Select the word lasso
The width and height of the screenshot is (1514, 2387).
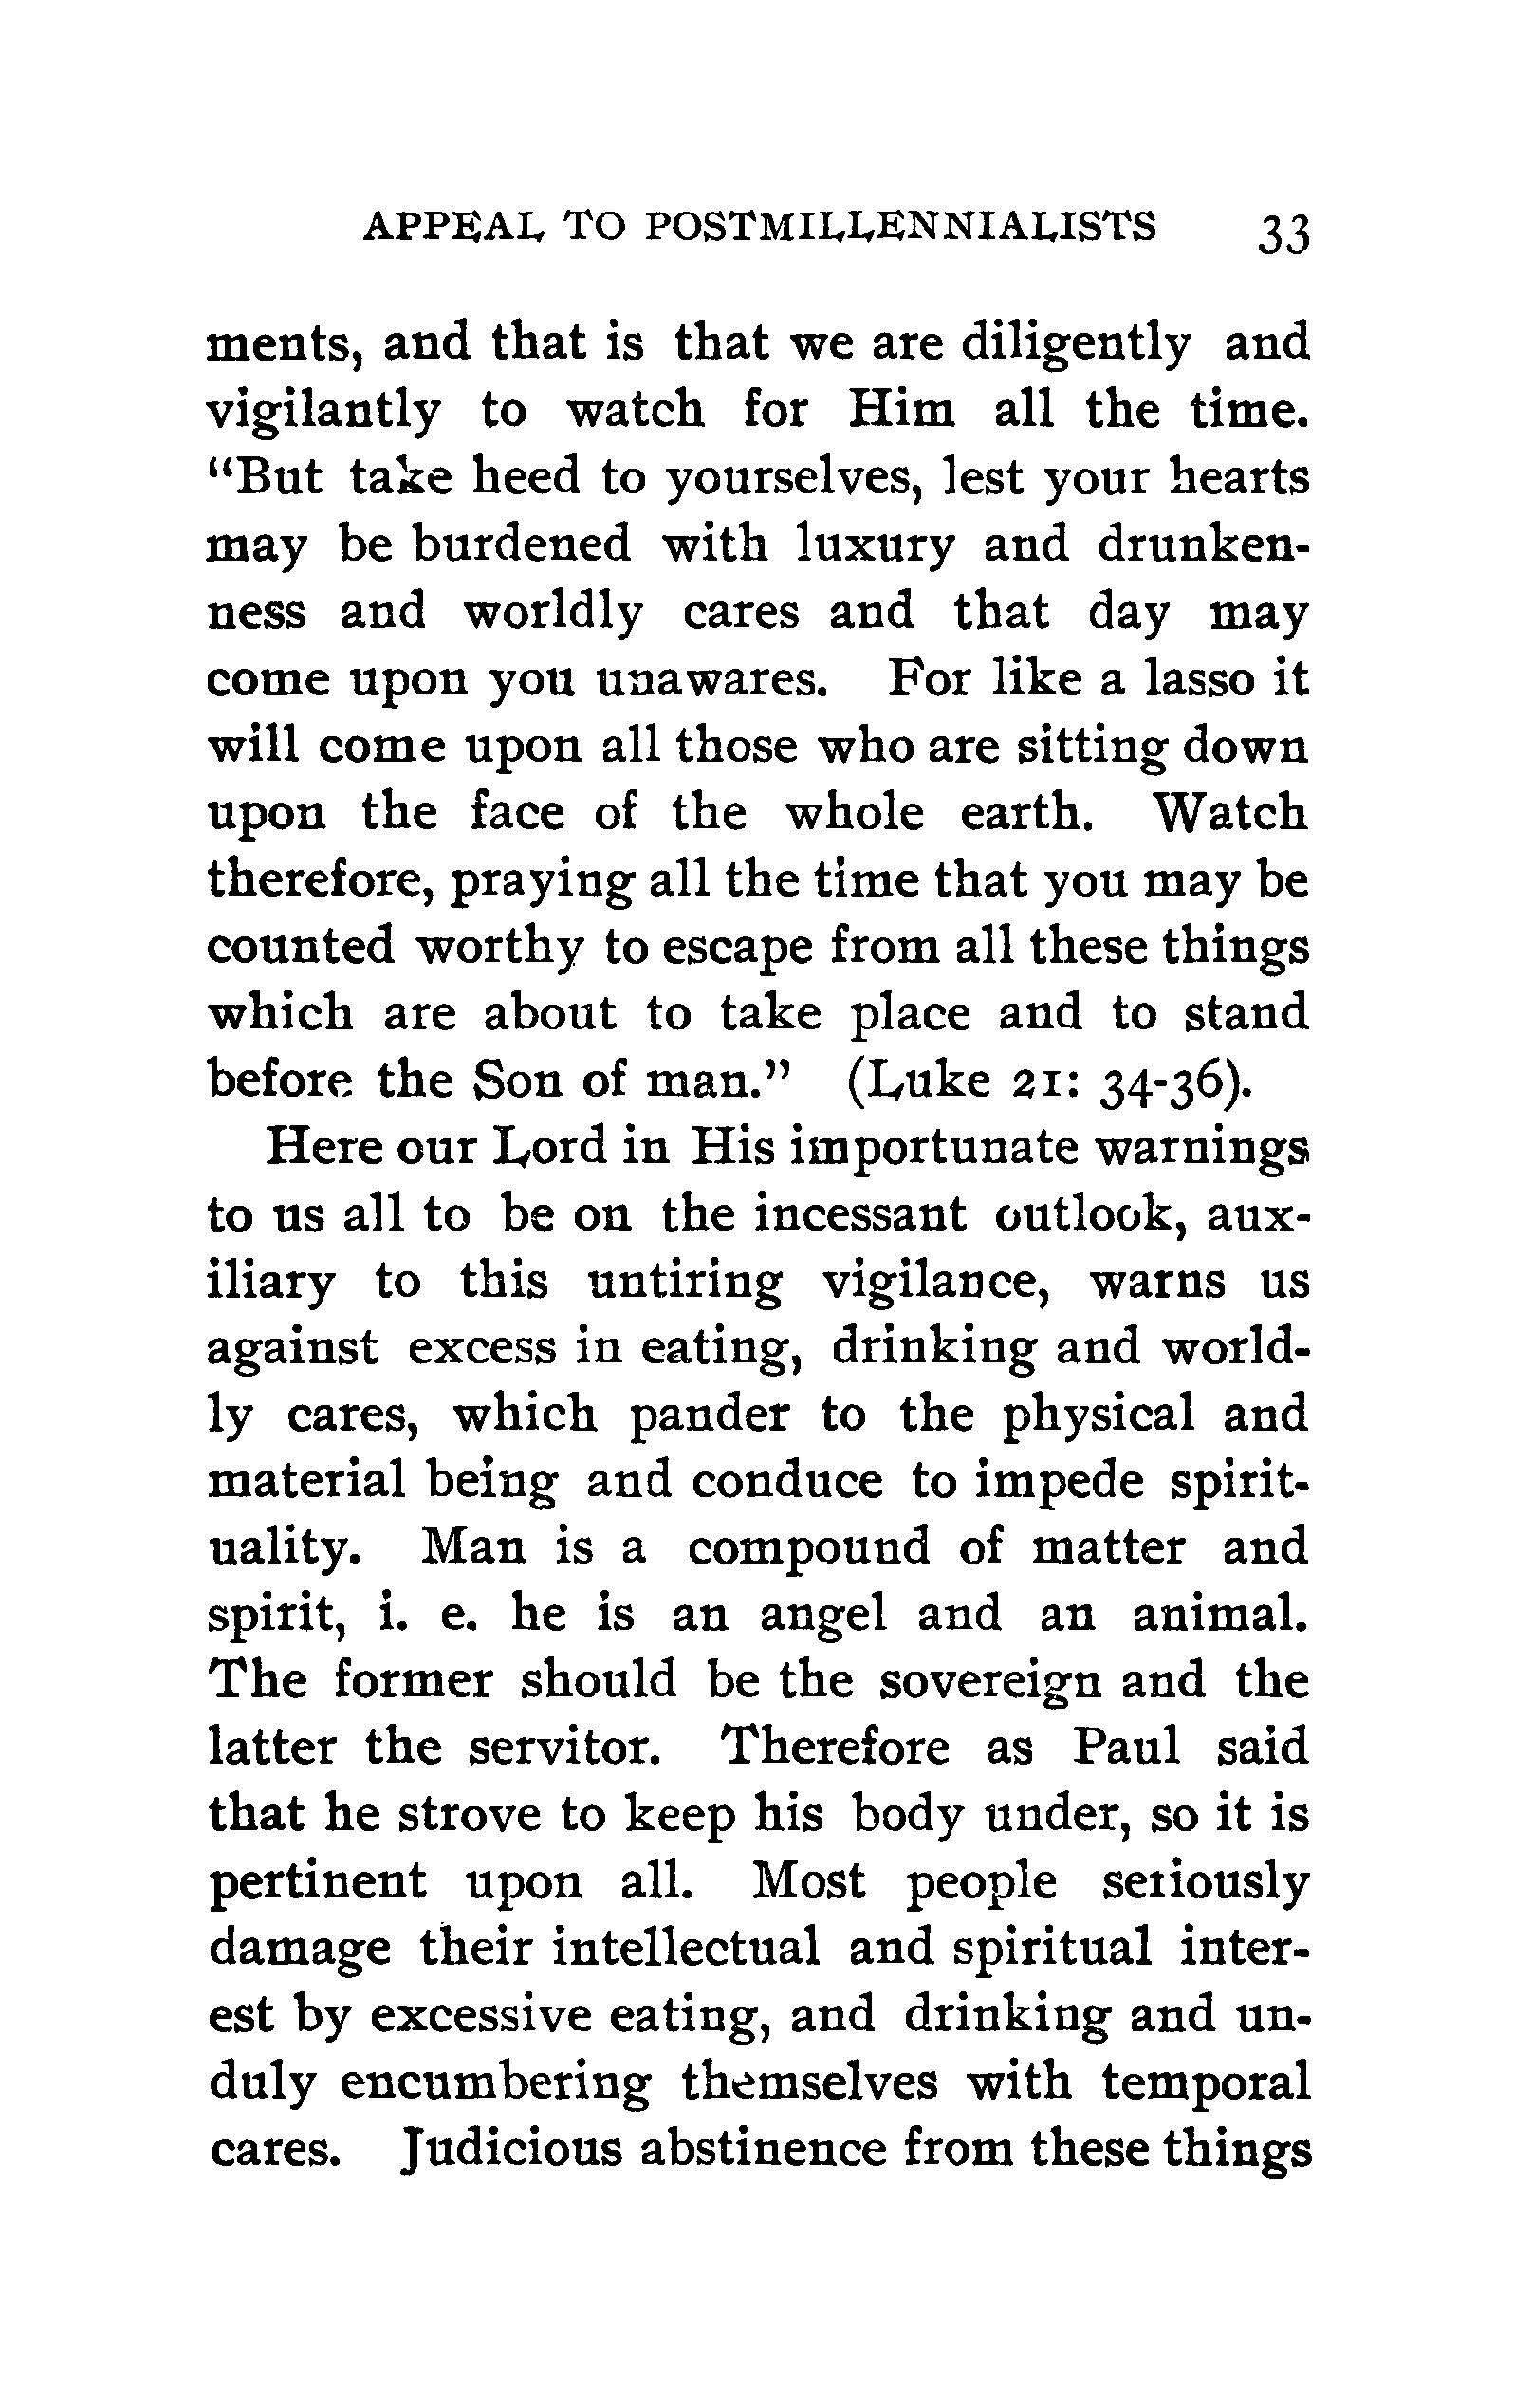(1199, 679)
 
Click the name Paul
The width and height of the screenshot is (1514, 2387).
(1127, 1747)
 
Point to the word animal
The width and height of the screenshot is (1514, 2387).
(1220, 1614)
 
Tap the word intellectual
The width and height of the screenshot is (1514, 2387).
(686, 1948)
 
